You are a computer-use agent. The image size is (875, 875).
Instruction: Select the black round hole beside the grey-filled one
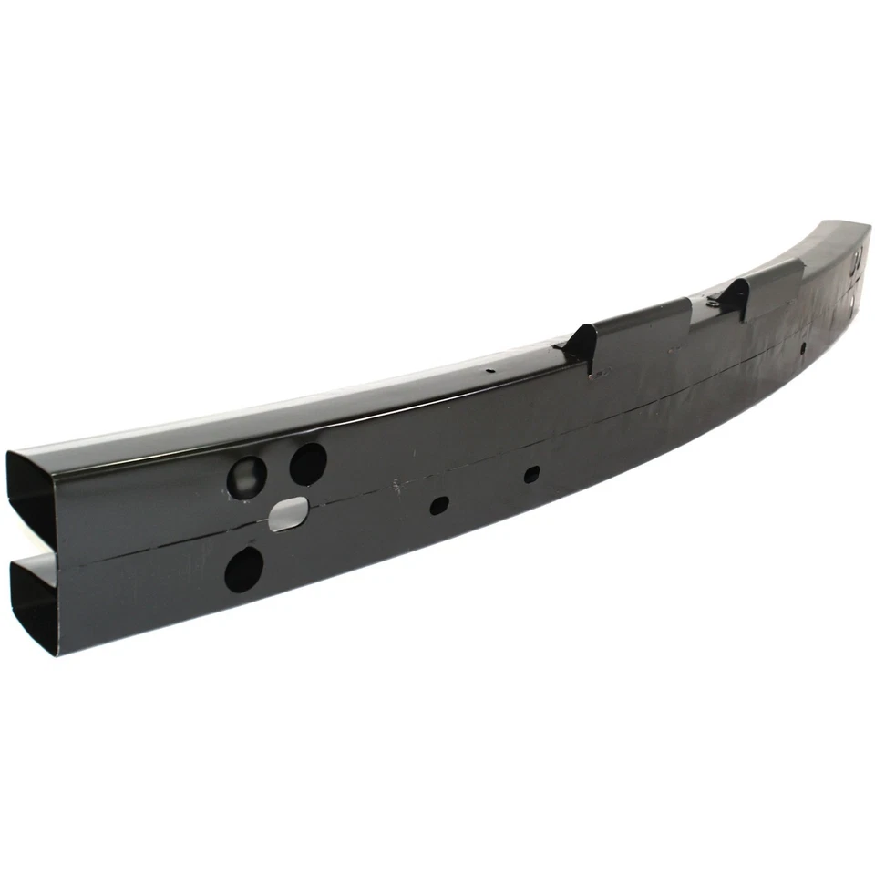pyautogui.click(x=308, y=463)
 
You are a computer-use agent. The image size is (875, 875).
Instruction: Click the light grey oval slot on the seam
pyautogui.click(x=291, y=513)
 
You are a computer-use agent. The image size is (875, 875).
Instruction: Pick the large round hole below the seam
pyautogui.click(x=243, y=568)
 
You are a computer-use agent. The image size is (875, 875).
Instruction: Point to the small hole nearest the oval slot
pyautogui.click(x=438, y=503)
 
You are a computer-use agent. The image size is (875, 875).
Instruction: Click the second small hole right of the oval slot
pyautogui.click(x=532, y=473)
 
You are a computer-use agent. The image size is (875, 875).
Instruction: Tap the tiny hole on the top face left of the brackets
pyautogui.click(x=489, y=371)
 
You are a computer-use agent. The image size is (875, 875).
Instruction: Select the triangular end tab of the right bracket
pyautogui.click(x=735, y=298)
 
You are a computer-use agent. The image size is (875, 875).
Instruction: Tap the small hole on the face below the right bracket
pyautogui.click(x=802, y=347)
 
